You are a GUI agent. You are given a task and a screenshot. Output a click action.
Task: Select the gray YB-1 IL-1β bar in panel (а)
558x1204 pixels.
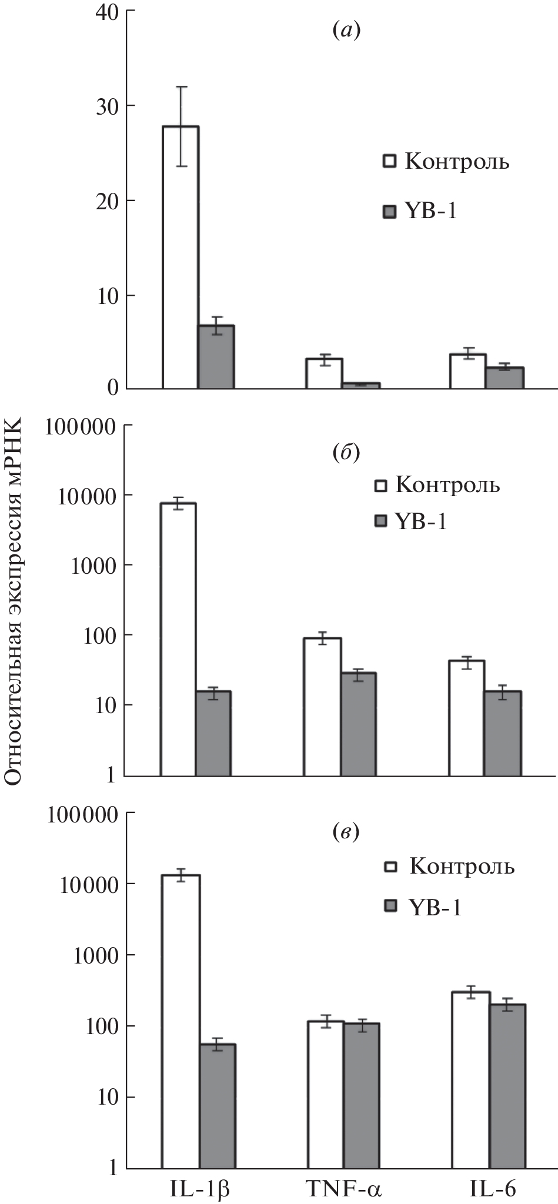(216, 357)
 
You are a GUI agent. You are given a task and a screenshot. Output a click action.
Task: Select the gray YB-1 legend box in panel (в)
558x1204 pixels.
(390, 908)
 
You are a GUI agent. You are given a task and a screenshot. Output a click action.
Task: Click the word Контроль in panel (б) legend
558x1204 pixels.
(447, 485)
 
